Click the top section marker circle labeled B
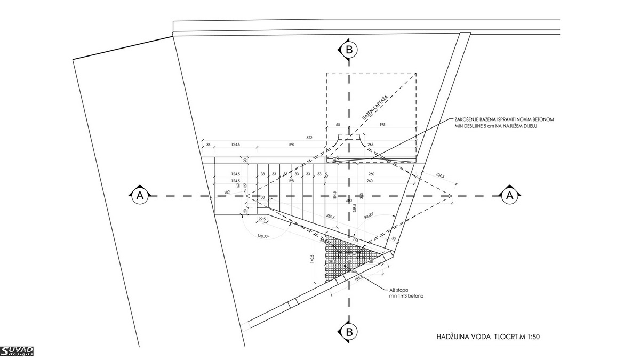tap(349, 50)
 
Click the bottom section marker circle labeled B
tap(349, 332)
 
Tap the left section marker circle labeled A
tap(140, 196)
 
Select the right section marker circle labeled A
tap(509, 196)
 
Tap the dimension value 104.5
tap(440, 175)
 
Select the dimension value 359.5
tap(330, 217)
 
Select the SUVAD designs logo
tap(17, 351)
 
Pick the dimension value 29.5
tap(262, 220)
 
